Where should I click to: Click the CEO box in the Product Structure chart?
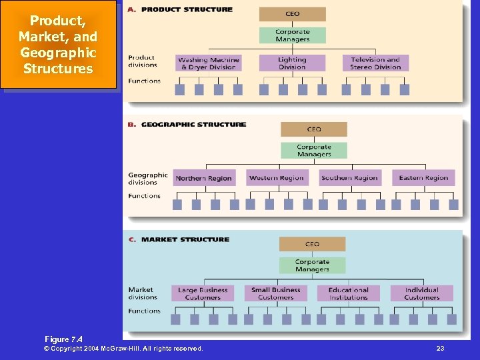point(292,14)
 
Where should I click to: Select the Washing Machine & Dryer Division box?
point(209,63)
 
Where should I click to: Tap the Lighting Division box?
point(292,63)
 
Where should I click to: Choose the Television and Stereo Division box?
point(375,63)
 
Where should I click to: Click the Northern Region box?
point(203,178)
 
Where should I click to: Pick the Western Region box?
point(276,178)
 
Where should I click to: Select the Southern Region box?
point(349,178)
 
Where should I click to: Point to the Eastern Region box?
point(423,178)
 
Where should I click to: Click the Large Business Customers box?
point(203,293)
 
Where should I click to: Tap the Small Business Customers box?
point(275,293)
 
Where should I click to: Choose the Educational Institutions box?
point(348,293)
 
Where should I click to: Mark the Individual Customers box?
point(421,293)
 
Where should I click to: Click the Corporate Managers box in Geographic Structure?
point(313,151)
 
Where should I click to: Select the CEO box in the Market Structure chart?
point(312,244)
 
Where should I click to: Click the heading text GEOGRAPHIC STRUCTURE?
point(193,125)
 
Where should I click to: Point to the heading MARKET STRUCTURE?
point(185,239)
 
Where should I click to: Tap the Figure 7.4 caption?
point(63,339)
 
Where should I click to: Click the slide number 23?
point(440,349)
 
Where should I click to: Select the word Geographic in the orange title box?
point(58,53)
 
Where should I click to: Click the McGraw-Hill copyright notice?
point(123,349)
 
